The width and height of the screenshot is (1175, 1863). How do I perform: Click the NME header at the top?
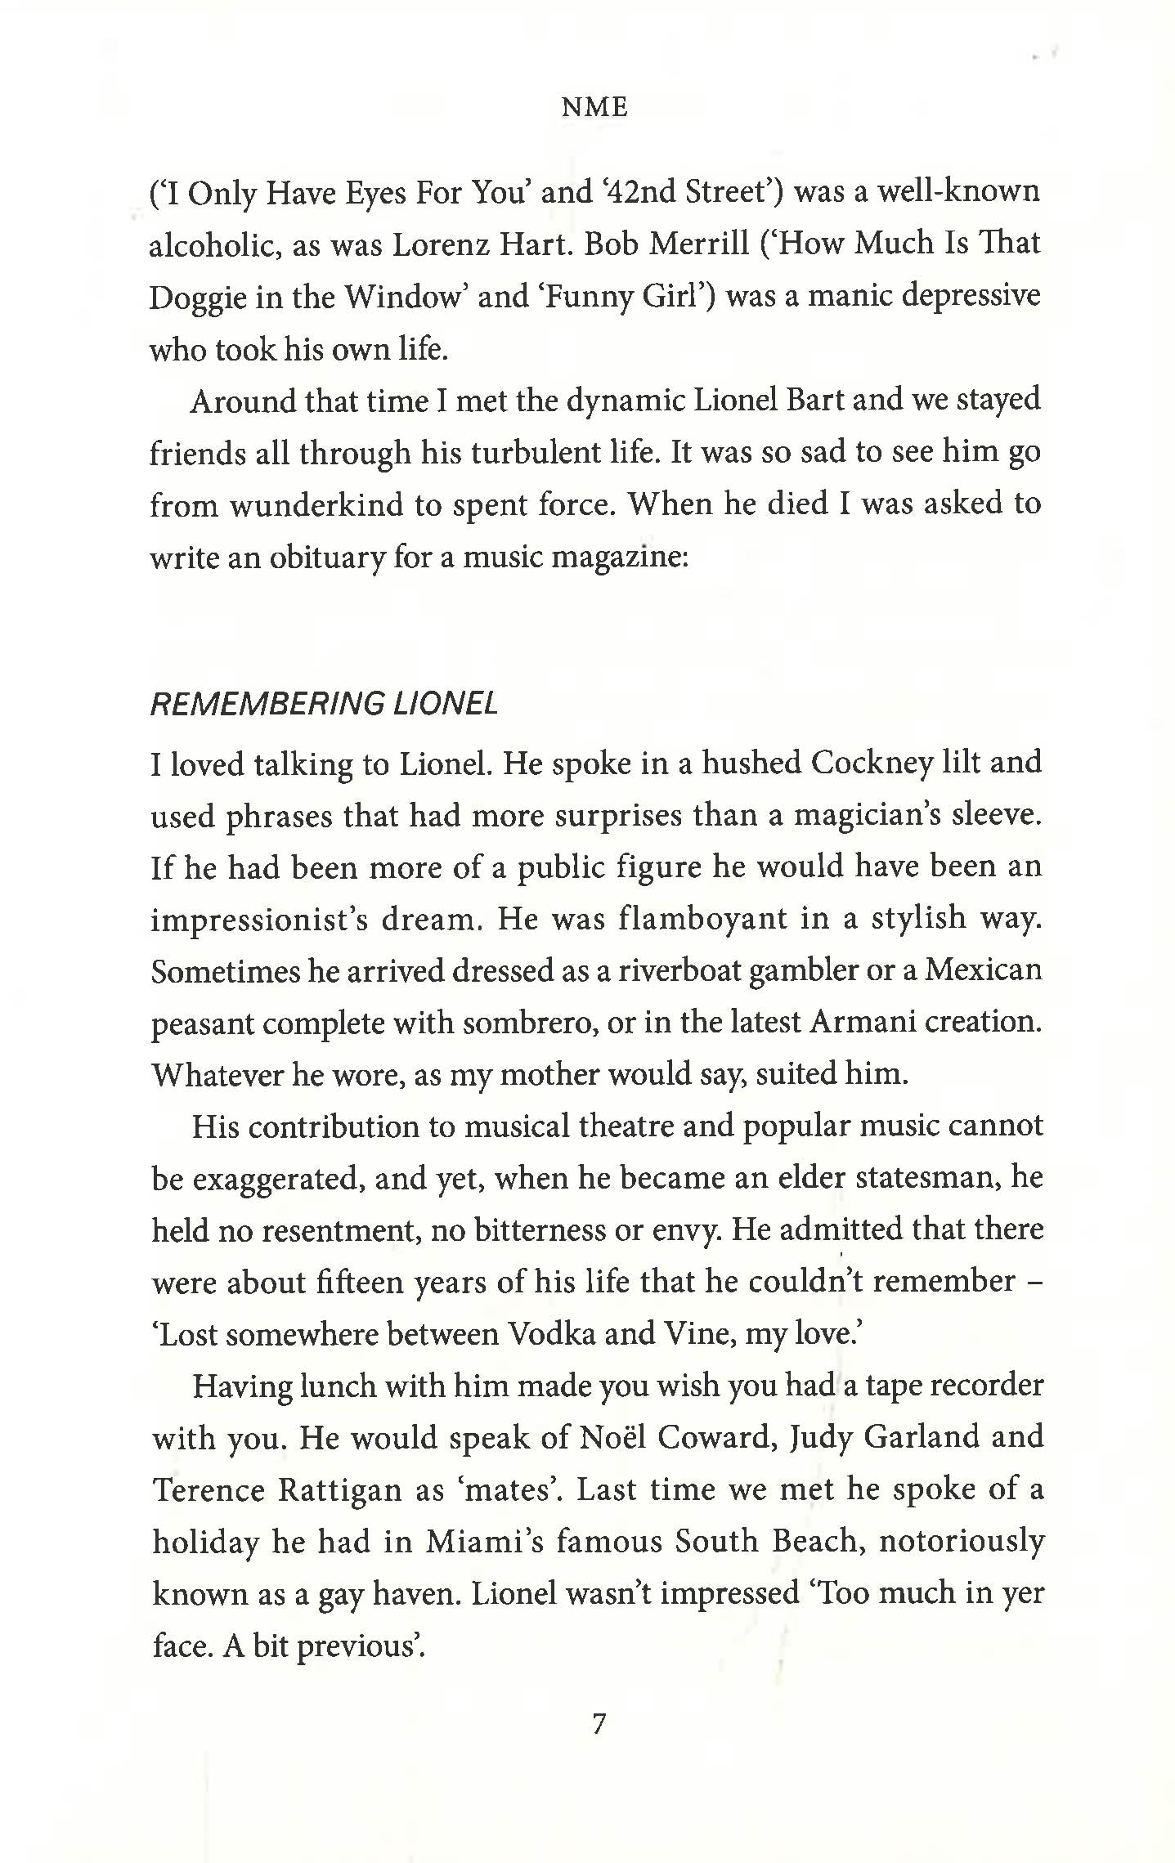[594, 107]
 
